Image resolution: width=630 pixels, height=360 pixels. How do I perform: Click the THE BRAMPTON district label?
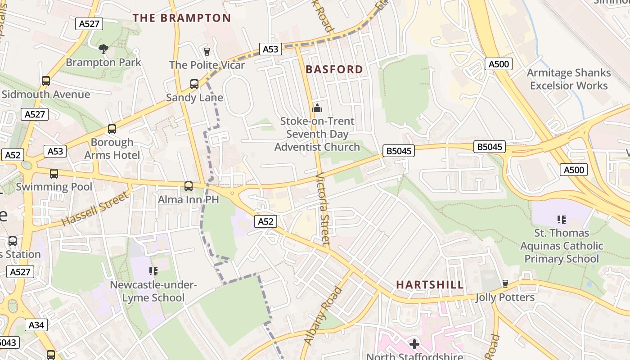[x=181, y=18]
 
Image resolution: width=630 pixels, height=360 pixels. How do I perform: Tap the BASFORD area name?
[x=334, y=69]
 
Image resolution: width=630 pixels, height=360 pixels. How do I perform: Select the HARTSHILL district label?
[x=430, y=284]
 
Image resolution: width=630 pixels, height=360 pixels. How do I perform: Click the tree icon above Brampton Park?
[x=103, y=49]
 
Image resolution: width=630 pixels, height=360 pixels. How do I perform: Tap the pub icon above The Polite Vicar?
[x=207, y=51]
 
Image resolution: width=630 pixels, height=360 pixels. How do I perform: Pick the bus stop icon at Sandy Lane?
[x=194, y=84]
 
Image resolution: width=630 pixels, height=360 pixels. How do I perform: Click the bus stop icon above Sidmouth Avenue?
[x=46, y=81]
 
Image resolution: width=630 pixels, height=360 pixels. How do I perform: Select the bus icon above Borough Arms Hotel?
[x=112, y=129]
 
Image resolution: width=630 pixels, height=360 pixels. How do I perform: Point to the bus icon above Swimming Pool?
[x=54, y=173]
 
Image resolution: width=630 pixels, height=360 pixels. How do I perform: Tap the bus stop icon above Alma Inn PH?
[x=189, y=186]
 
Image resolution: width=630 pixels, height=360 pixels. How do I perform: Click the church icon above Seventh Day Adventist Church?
[x=317, y=108]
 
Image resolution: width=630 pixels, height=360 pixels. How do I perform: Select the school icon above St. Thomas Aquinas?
[x=562, y=220]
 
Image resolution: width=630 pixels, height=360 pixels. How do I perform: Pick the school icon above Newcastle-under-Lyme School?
[x=153, y=271]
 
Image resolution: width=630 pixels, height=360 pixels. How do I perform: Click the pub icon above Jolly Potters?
[x=505, y=284]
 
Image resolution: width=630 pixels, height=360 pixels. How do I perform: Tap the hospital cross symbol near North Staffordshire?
[x=414, y=344]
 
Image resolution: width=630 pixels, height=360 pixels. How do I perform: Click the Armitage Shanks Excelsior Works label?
[x=569, y=79]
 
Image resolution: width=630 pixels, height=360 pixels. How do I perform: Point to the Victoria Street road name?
[x=323, y=209]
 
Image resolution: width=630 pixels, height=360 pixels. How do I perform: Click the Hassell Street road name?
[x=95, y=209]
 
